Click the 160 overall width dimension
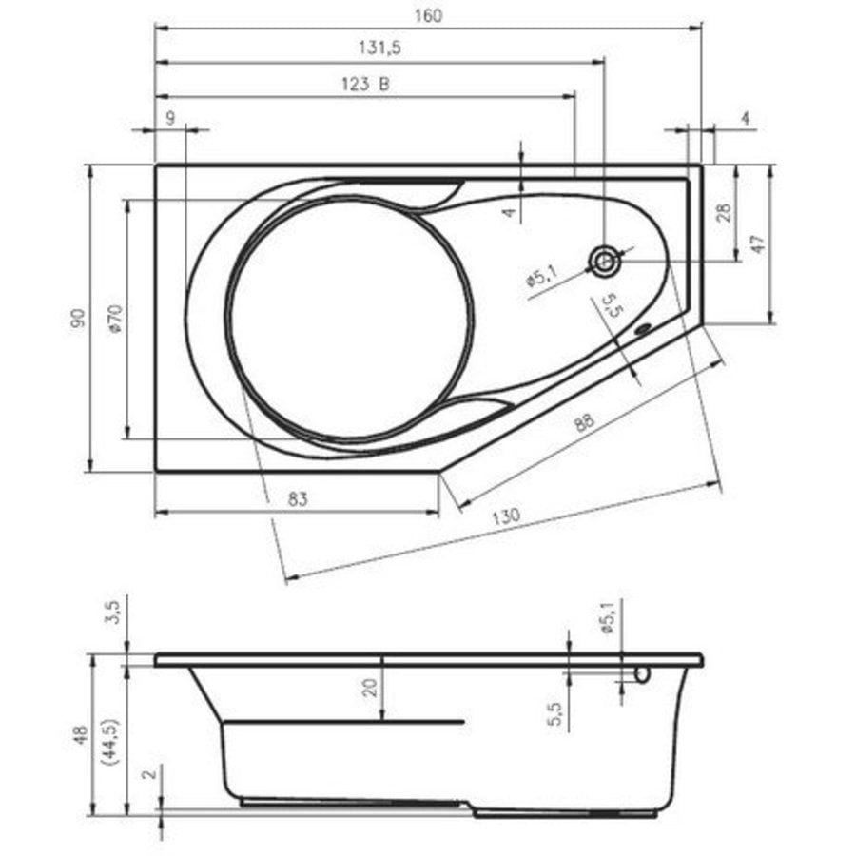(428, 16)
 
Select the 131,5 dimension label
(379, 49)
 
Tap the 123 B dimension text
(366, 84)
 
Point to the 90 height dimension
(79, 318)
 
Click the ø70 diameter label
(116, 320)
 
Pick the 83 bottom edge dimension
(297, 499)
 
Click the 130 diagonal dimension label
(506, 516)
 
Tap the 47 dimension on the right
(759, 244)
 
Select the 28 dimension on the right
(724, 212)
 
